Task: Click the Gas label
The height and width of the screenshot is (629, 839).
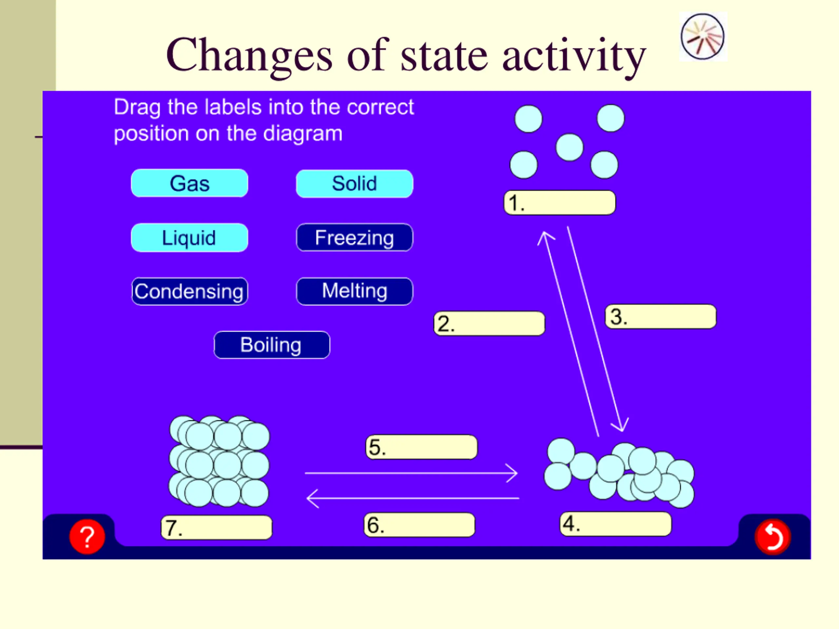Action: pos(189,183)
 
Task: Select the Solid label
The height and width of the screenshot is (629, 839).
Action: pos(354,184)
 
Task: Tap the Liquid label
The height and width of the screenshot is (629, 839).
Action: pos(189,238)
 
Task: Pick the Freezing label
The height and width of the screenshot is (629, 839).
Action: pos(354,238)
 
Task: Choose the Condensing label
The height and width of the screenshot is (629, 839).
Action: pos(189,292)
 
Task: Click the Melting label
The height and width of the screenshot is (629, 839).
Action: pos(354,291)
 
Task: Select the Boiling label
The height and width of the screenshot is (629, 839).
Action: pos(272,345)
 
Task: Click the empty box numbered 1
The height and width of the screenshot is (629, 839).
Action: pos(560,203)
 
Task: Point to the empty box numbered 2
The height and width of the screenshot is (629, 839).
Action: pos(489,324)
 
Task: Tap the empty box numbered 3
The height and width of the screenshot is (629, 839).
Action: pos(661,316)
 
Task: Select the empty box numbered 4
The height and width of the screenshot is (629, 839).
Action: pos(615,524)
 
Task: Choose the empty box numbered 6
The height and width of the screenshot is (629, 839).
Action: pos(419,525)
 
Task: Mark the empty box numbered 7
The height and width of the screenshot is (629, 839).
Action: pos(217,527)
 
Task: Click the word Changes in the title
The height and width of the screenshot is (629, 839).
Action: pos(249,55)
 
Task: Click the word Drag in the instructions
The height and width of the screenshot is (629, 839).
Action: pos(137,108)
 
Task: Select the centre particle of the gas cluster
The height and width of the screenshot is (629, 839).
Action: pos(569,147)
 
